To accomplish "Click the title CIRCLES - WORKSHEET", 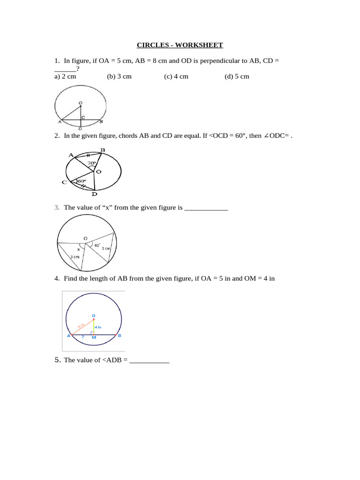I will [180, 45].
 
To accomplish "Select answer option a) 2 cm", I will [65, 76].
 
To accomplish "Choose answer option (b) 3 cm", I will [119, 76].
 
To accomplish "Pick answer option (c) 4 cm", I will [176, 76].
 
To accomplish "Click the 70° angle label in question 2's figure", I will [91, 164].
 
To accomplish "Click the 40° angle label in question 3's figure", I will [97, 245].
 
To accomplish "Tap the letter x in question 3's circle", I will [79, 249].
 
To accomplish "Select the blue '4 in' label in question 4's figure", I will [98, 327].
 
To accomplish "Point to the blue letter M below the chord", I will [94, 338].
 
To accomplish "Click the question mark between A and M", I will [83, 337].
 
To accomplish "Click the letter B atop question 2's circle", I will [103, 150].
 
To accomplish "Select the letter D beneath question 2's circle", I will [94, 194].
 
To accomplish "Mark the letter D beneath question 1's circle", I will [80, 128].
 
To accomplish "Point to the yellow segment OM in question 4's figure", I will [94, 327].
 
